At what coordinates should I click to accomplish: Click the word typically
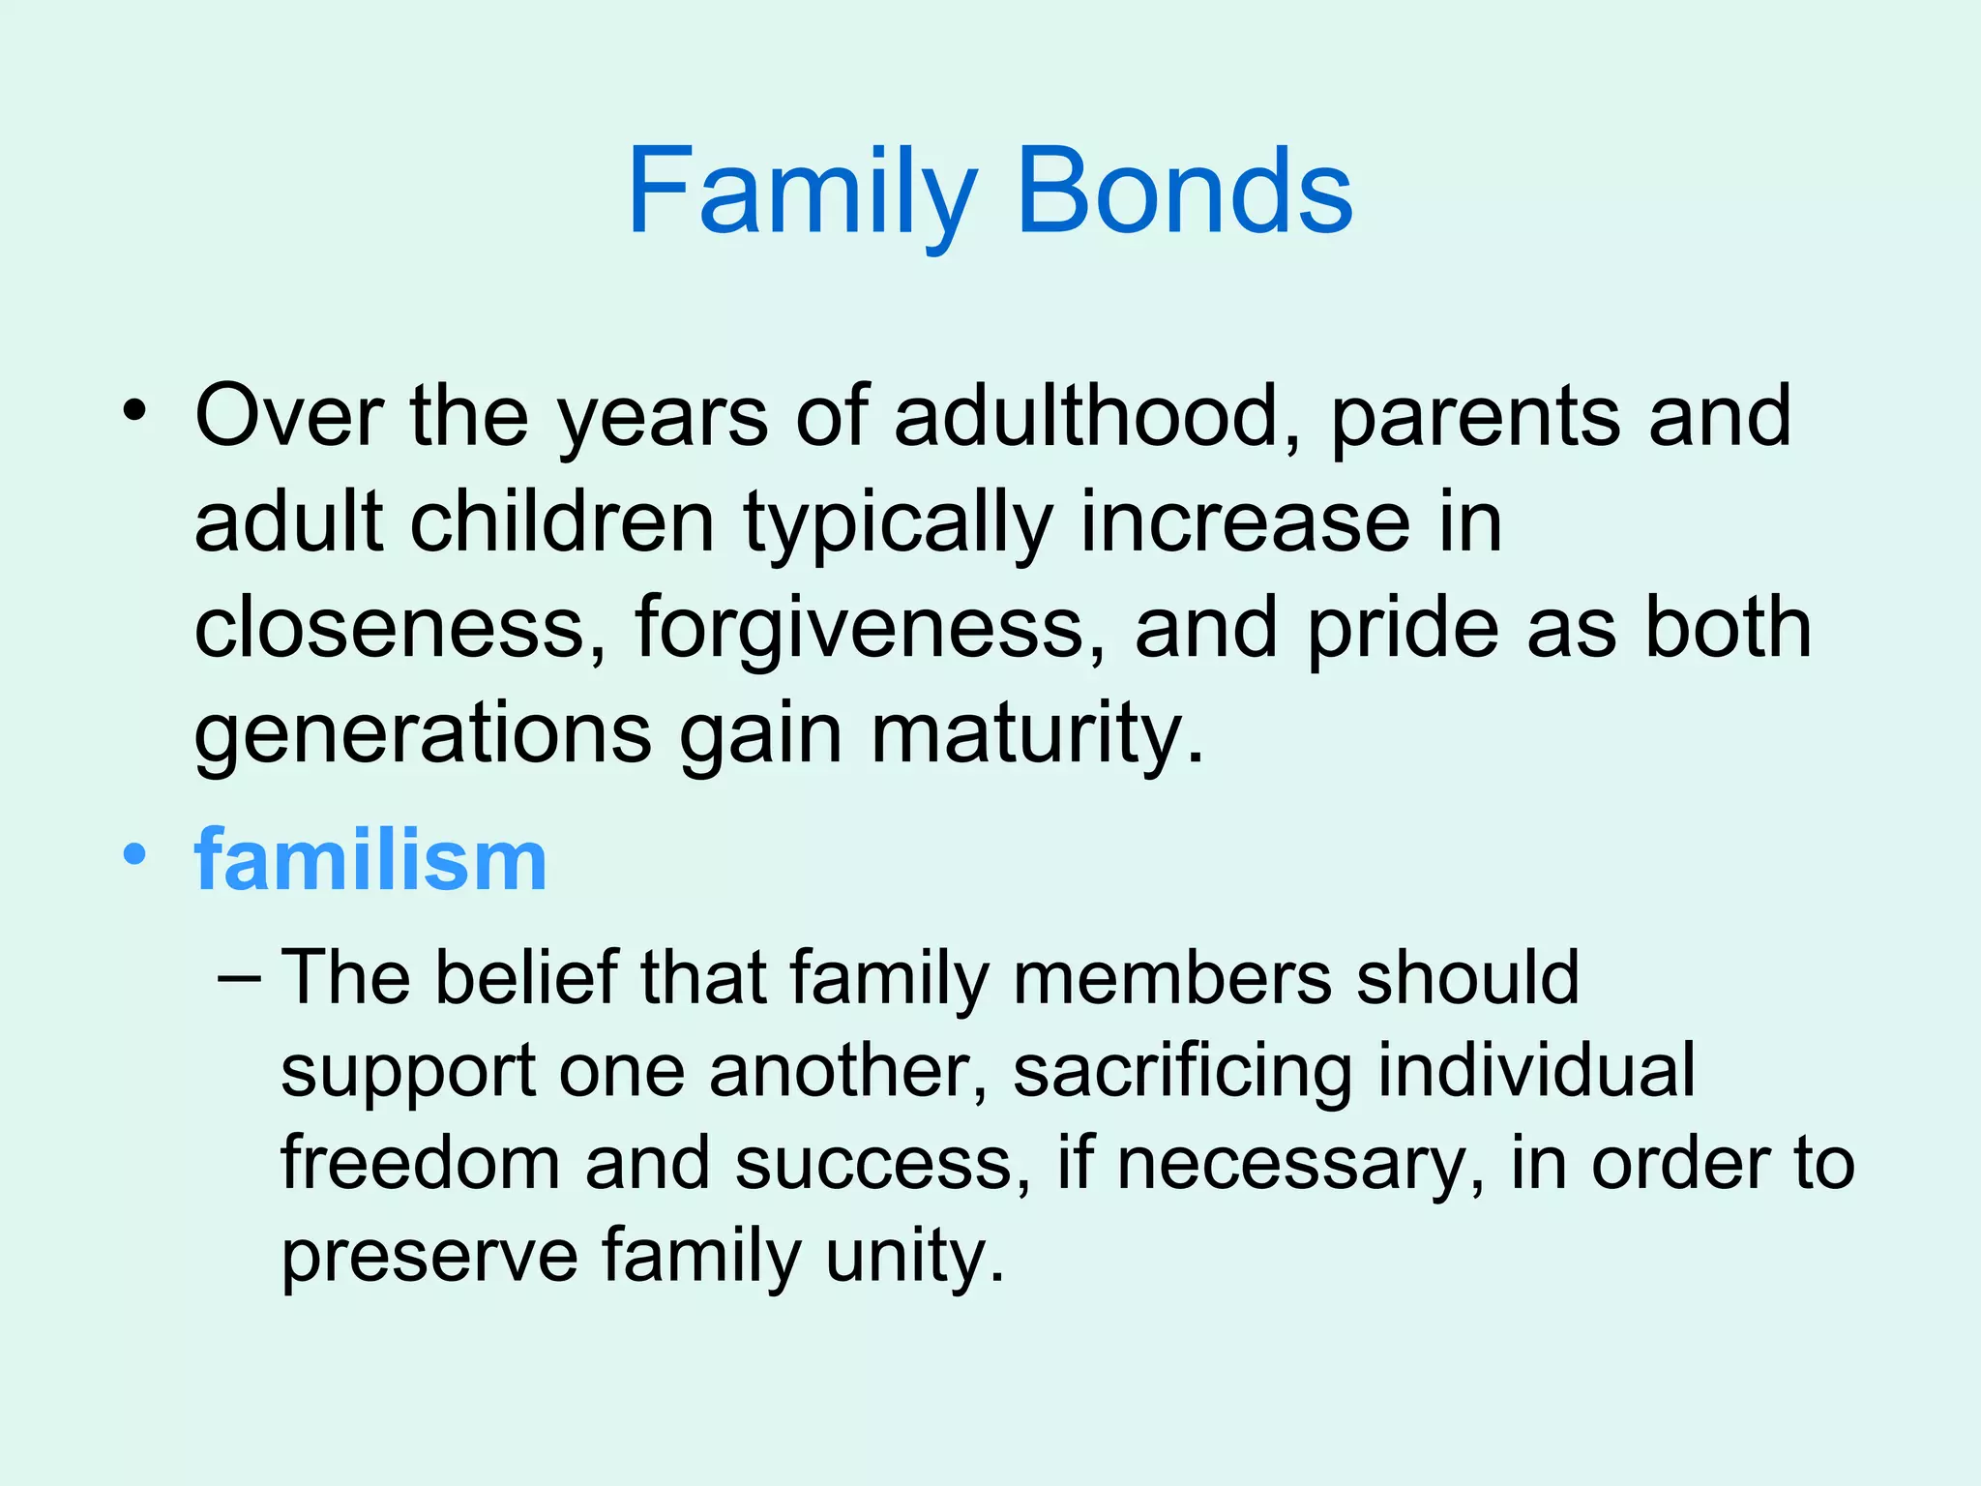pyautogui.click(x=898, y=522)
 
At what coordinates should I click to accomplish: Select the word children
pyautogui.click(x=562, y=522)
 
